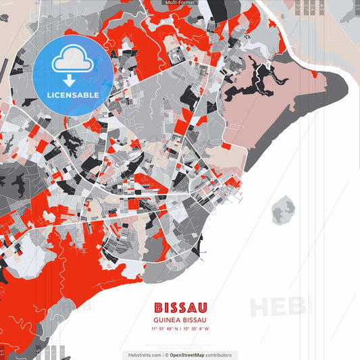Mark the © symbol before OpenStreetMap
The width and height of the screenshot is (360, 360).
[166, 355]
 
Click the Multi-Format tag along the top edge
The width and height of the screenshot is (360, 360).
[180, 3]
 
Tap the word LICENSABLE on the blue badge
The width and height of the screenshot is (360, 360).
[73, 95]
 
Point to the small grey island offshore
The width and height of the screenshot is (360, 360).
[284, 211]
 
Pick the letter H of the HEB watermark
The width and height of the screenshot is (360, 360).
[261, 307]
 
